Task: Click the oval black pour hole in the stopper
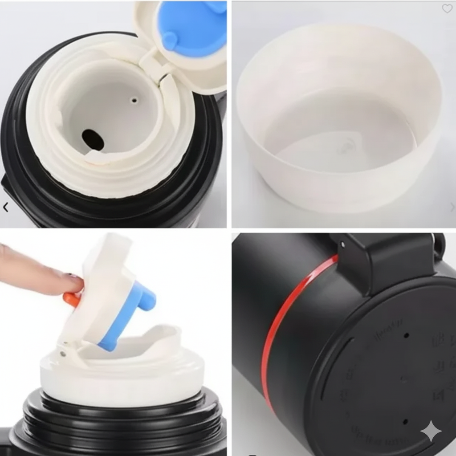click(93, 139)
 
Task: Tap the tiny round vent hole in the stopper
click(134, 100)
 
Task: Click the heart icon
click(447, 8)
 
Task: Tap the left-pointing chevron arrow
click(5, 207)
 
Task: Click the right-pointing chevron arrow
click(452, 207)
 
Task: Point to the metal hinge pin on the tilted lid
click(63, 354)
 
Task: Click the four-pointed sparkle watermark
click(431, 431)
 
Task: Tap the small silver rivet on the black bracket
click(342, 244)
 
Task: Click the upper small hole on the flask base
click(406, 335)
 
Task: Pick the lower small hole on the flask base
click(405, 421)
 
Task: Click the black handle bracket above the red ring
click(383, 258)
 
